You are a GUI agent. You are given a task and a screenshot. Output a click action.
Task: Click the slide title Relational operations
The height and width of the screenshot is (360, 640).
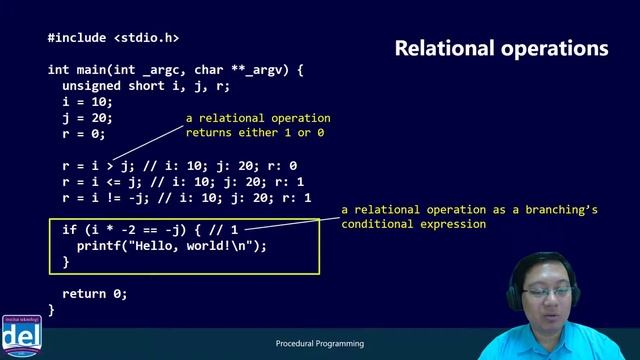pyautogui.click(x=501, y=48)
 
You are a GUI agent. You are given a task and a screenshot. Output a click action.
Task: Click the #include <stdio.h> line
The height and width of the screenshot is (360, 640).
pyautogui.click(x=113, y=38)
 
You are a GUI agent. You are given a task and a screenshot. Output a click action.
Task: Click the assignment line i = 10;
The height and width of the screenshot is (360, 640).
pyautogui.click(x=88, y=102)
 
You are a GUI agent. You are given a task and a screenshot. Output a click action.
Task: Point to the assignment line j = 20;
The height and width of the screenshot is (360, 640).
pyautogui.click(x=88, y=118)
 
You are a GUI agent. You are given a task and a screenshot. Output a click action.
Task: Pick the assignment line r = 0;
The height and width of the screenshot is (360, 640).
pyautogui.click(x=84, y=134)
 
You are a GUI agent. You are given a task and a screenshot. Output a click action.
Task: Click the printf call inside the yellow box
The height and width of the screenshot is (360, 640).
pyautogui.click(x=172, y=246)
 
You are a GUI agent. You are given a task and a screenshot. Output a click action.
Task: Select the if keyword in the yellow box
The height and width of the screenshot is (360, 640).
pyautogui.click(x=69, y=230)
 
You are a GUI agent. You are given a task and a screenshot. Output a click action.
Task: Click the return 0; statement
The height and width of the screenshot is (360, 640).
pyautogui.click(x=95, y=294)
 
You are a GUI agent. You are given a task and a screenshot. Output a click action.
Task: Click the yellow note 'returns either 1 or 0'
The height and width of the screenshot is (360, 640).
pyautogui.click(x=255, y=132)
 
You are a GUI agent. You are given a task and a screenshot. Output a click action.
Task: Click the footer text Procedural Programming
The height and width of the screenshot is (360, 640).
pyautogui.click(x=319, y=344)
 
